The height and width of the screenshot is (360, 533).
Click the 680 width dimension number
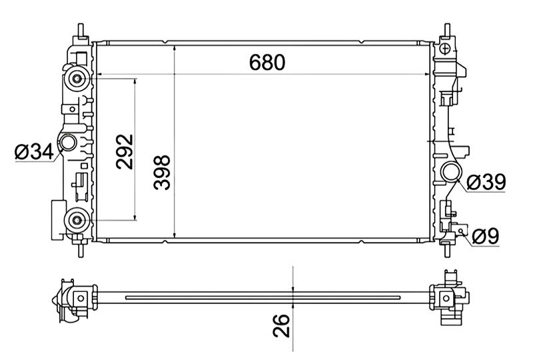[x=267, y=62]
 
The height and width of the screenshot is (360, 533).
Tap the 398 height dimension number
[x=162, y=173]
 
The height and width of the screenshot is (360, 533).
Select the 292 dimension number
[x=125, y=152]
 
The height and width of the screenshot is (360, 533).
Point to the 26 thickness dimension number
[x=281, y=325]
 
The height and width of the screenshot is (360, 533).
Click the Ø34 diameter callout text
[x=35, y=152]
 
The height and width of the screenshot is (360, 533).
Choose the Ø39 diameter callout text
[x=486, y=182]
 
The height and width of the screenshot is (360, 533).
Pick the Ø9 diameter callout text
[x=486, y=236]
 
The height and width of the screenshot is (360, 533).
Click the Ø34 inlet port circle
[x=68, y=142]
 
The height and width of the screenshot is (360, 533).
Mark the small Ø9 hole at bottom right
[x=461, y=231]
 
